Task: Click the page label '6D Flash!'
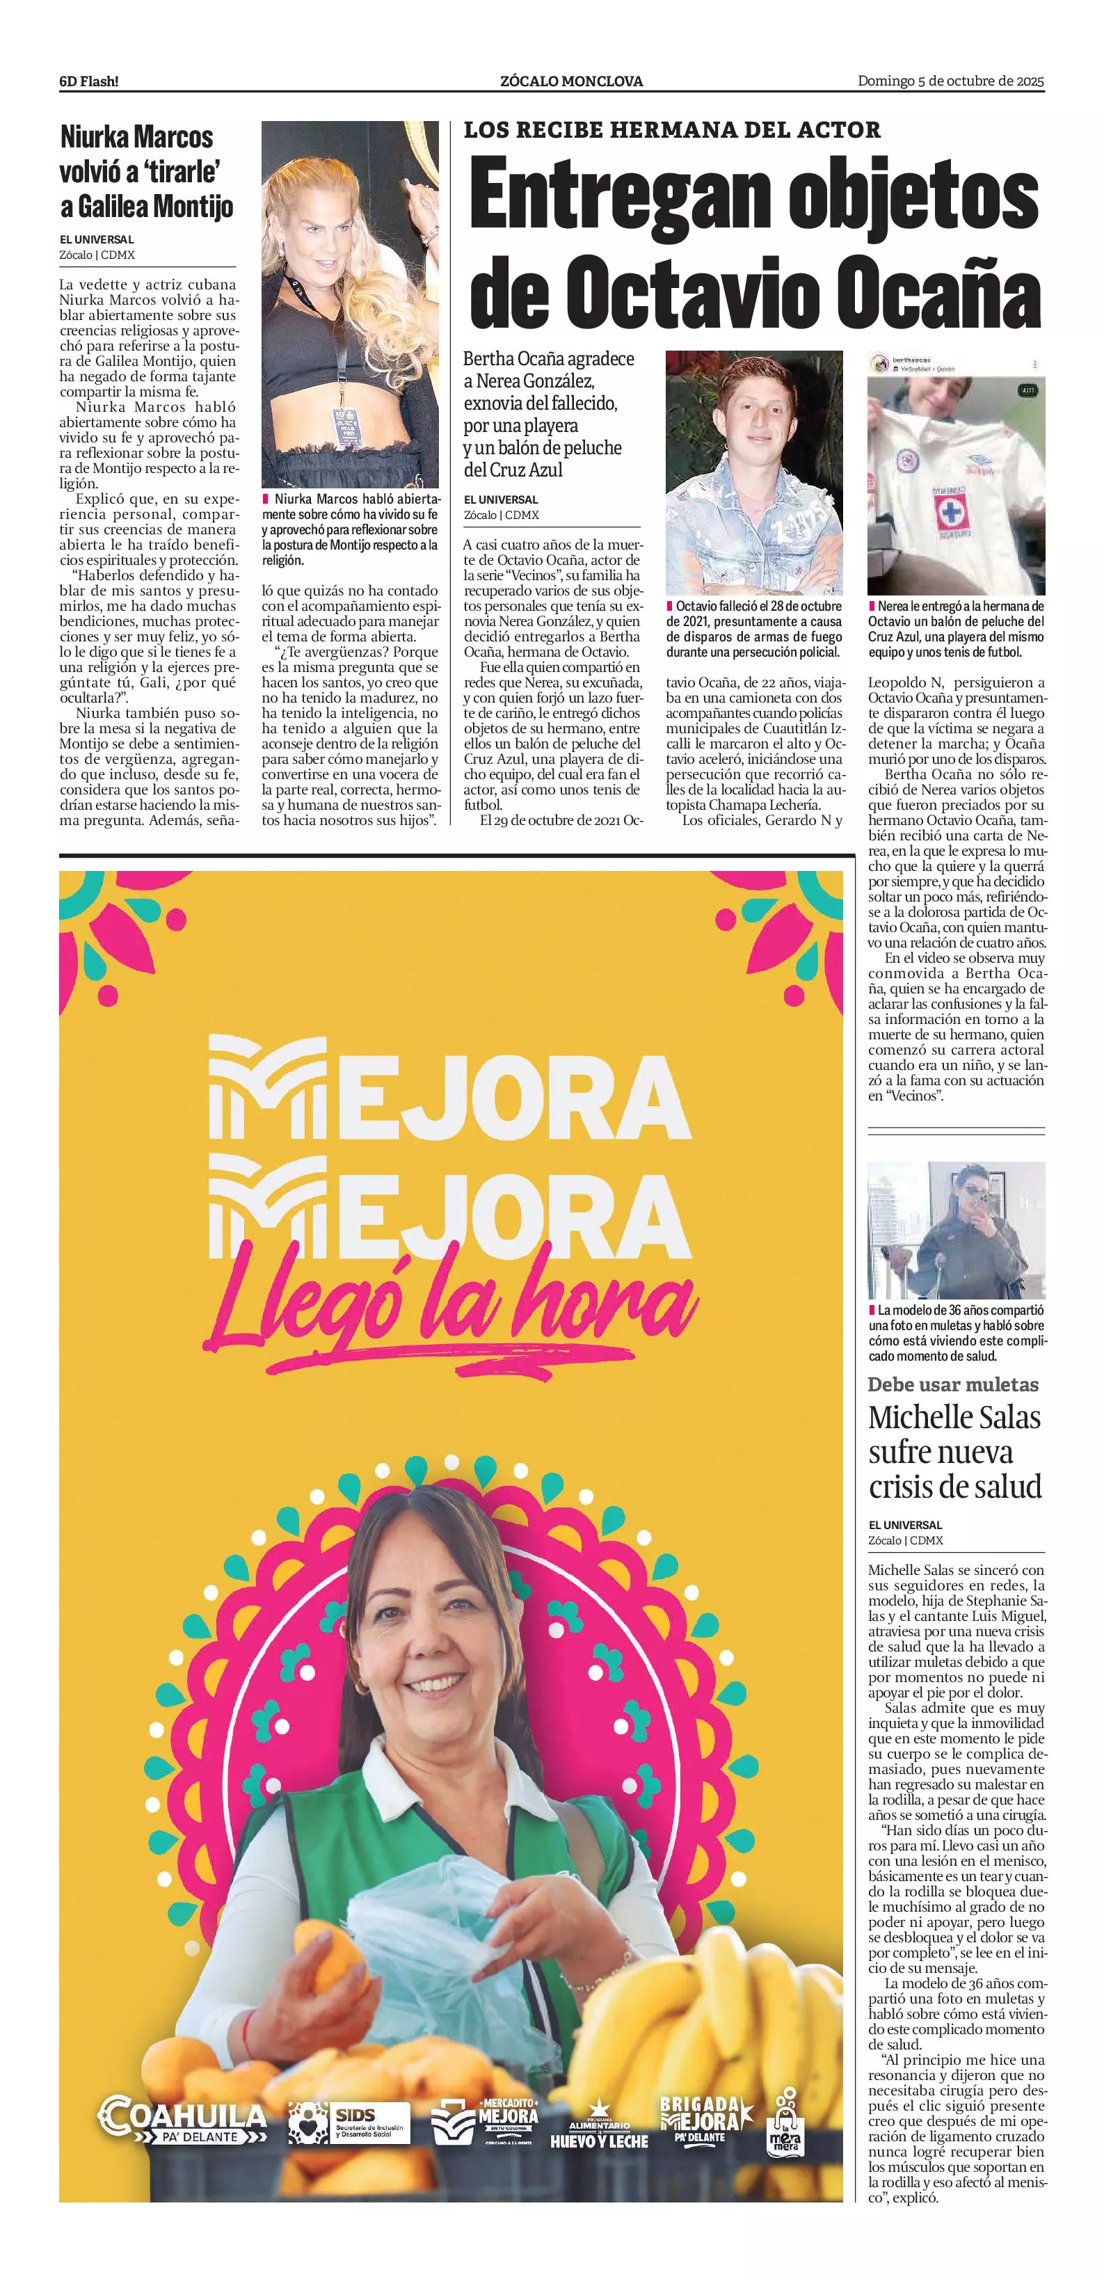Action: [88, 81]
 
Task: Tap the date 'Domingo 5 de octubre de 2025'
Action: [951, 81]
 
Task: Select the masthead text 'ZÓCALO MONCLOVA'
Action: [571, 81]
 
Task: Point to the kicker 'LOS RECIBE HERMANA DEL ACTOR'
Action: [672, 130]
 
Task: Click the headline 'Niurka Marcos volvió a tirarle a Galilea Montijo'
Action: [147, 172]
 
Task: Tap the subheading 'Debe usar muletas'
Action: [953, 1384]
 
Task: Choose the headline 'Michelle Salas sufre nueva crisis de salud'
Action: [954, 1451]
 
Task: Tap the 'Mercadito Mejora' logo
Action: [485, 2120]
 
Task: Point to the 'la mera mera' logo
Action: [785, 2123]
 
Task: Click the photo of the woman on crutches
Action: [955, 1230]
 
